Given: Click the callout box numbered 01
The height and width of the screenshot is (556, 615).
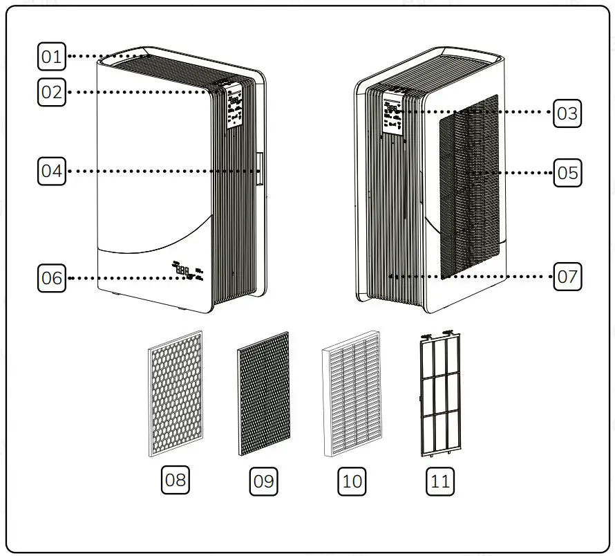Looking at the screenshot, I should coord(50,57).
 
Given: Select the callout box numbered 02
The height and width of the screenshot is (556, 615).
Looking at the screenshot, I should coord(50,92).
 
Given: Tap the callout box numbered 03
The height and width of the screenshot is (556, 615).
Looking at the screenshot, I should coord(567,113).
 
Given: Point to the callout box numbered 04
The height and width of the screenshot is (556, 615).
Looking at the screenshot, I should coord(50,171).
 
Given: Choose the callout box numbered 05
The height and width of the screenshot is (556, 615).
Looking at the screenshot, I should coord(567,172).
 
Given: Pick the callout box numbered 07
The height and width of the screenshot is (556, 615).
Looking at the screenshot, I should coord(567,277).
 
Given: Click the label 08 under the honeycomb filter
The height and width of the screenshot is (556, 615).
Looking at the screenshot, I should coord(176,479).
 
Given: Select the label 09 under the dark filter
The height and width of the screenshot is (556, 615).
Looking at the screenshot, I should coord(263,481).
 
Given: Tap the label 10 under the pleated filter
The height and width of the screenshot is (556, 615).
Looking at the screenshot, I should coord(352,481).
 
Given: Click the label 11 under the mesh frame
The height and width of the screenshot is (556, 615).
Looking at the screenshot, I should coord(439,481).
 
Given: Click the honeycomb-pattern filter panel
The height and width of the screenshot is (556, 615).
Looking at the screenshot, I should coord(176,393).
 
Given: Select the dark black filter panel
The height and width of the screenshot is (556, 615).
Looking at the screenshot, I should coord(263,393).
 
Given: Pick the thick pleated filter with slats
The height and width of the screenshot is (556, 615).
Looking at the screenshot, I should coord(351,393).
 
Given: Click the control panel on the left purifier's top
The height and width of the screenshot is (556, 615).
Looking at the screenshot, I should coord(234,104).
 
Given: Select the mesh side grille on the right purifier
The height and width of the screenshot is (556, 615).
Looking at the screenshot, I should coord(470,187).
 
